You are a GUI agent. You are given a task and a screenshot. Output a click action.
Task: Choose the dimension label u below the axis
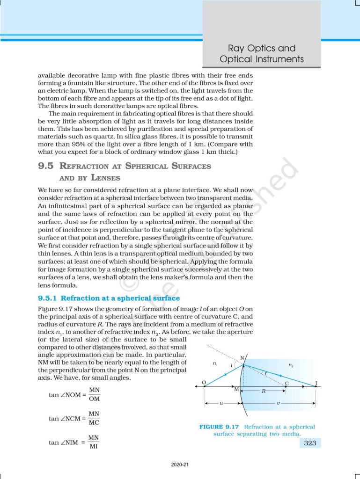pyautogui.click(x=221, y=403)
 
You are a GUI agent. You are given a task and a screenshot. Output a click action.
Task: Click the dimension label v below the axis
pyautogui.click(x=278, y=403)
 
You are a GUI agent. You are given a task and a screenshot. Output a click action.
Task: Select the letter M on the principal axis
pyautogui.click(x=236, y=389)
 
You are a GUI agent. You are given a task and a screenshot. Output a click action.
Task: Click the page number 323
pyautogui.click(x=310, y=443)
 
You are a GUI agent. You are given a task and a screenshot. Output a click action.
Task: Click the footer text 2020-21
pyautogui.click(x=180, y=465)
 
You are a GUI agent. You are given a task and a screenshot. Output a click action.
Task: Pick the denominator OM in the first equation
pyautogui.click(x=94, y=399)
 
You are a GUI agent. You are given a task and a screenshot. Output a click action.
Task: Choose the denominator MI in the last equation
pyautogui.click(x=94, y=447)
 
